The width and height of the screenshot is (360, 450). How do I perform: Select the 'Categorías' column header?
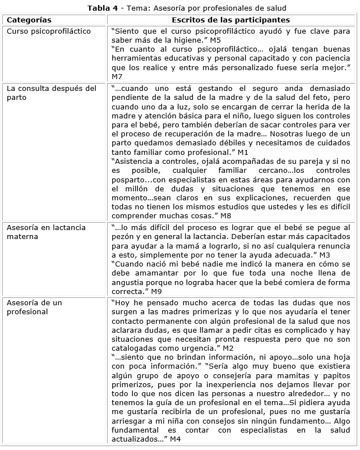coord(29,20)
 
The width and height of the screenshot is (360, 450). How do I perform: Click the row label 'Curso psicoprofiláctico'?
coord(48,31)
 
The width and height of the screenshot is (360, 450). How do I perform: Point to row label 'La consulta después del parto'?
coord(51,93)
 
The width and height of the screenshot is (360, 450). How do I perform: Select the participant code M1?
coord(243,151)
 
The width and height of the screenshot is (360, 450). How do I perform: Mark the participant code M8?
coord(225,215)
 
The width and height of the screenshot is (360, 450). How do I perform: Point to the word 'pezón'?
coord(123,237)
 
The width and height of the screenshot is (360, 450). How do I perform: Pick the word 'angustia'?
coord(129,282)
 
